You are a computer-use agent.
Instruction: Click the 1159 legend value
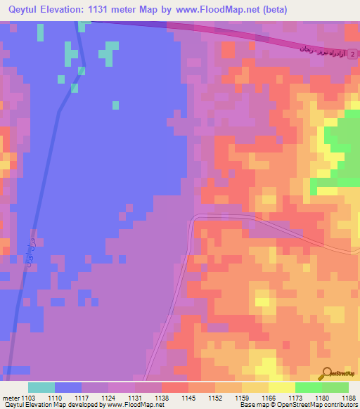(242, 397)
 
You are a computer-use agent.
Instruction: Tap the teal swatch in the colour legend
(41, 387)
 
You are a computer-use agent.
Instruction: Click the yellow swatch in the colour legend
(282, 387)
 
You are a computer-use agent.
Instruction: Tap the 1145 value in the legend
(189, 397)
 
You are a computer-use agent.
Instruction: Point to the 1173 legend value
(295, 397)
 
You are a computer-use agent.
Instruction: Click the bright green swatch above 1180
(309, 387)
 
